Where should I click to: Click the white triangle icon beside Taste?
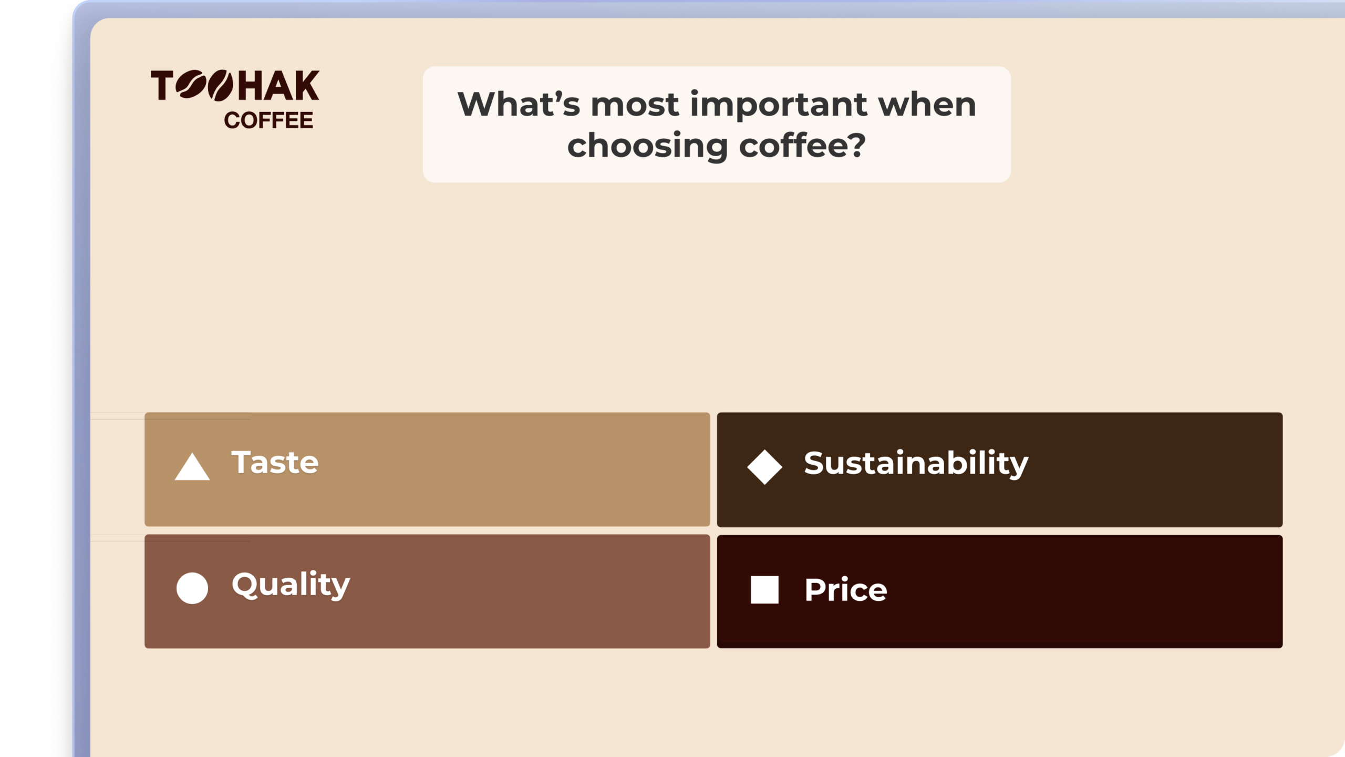[192, 467]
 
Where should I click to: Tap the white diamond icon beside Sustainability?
[764, 466]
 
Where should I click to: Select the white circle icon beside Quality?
[192, 588]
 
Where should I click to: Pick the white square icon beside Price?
[764, 589]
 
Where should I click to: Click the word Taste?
[275, 463]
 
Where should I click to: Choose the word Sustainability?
[916, 464]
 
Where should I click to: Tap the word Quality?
[291, 585]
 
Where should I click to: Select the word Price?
[845, 590]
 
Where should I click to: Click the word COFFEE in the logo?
[268, 120]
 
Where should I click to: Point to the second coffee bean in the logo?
[220, 86]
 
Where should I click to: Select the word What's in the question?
[519, 104]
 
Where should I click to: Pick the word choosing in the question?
[647, 146]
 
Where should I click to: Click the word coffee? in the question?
[802, 146]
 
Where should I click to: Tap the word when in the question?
[927, 104]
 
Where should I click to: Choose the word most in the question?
[635, 104]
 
